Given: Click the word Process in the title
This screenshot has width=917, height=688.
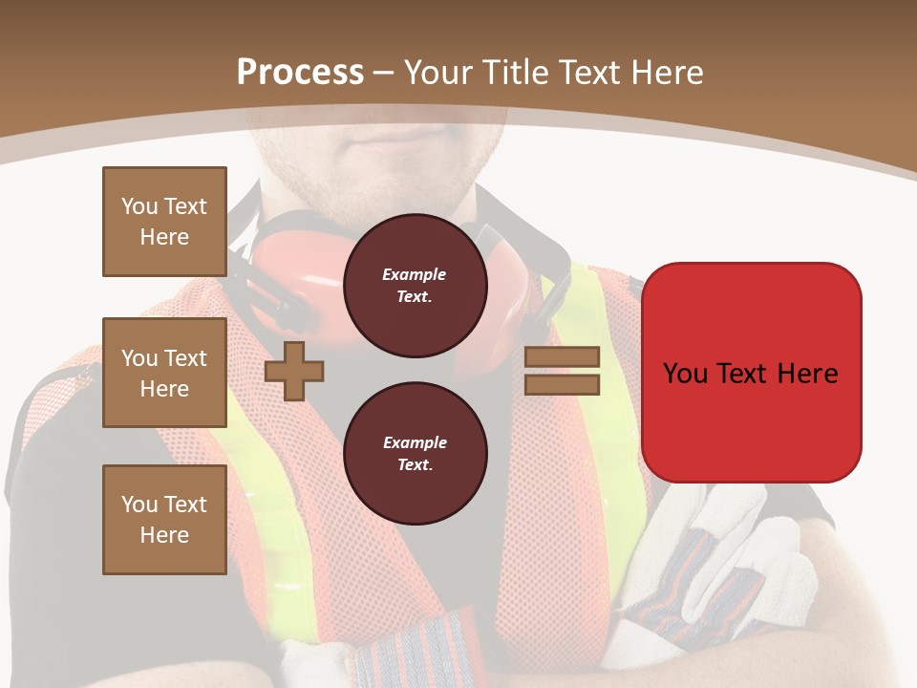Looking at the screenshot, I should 300,73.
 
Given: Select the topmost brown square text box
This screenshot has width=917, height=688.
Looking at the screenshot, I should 164,222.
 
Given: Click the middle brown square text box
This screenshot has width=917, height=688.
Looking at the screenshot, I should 164,373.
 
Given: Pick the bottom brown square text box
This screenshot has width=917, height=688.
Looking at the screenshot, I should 164,520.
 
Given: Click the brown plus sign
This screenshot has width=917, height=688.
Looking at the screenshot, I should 294,371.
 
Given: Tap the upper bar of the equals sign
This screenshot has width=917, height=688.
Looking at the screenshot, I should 562,357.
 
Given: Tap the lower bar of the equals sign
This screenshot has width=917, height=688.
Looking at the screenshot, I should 562,384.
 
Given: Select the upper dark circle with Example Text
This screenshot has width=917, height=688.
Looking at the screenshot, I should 415,285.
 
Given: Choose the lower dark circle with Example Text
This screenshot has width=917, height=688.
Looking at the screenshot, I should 415,453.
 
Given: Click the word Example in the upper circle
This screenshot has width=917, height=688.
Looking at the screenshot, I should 414,274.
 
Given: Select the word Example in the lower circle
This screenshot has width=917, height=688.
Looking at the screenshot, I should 415,442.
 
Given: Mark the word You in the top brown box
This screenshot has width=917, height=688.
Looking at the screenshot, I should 139,206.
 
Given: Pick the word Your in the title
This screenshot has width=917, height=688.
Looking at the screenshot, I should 439,73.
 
